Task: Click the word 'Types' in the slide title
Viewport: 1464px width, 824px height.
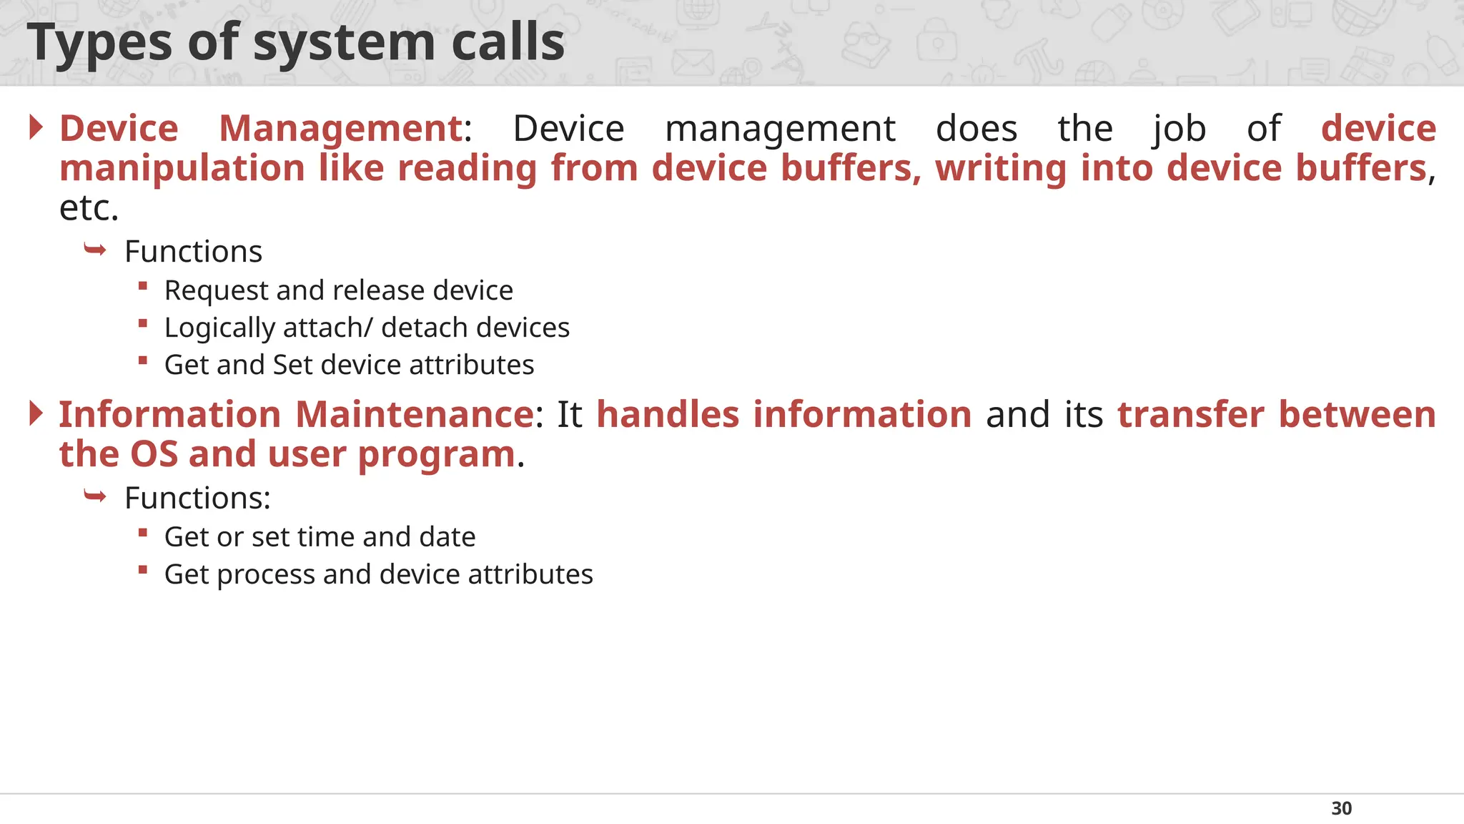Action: tap(99, 43)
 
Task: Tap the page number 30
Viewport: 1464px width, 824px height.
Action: tap(1341, 808)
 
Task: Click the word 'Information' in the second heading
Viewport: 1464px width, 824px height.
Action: tap(169, 415)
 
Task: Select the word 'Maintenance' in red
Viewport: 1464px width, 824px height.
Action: tap(414, 415)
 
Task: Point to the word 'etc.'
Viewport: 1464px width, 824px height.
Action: tap(89, 208)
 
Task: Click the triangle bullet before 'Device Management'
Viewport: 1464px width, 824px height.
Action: tap(36, 127)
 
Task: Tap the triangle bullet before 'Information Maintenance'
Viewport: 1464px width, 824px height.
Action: tap(36, 413)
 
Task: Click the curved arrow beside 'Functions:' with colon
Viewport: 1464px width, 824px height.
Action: tap(95, 496)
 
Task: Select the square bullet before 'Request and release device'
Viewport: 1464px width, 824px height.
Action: tap(143, 286)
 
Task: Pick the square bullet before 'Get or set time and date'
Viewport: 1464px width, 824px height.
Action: tap(143, 533)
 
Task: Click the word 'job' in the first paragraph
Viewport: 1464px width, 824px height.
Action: tap(1179, 129)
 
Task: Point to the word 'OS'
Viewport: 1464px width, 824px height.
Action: tap(154, 454)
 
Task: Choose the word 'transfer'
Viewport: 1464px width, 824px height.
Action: tap(1190, 415)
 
